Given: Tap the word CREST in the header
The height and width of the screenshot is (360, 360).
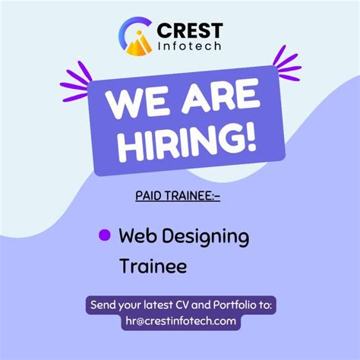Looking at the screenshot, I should pyautogui.click(x=189, y=31).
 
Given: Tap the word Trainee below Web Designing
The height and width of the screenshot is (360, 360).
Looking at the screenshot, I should pyautogui.click(x=153, y=266).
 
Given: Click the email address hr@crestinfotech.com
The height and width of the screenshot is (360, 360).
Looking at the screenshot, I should pyautogui.click(x=181, y=321).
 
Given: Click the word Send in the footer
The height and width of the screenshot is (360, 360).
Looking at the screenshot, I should pyautogui.click(x=104, y=305).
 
